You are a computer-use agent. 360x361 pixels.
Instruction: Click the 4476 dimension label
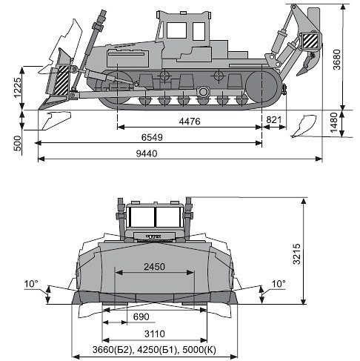[x=190, y=122]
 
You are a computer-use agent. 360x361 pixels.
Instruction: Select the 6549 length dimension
[x=152, y=137]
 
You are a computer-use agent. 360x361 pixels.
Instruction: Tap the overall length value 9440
[x=147, y=153]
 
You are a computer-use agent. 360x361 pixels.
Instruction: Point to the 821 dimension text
[x=274, y=120]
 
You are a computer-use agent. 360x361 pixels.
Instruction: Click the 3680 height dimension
[x=337, y=59]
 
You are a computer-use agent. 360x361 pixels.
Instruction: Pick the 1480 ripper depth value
[x=333, y=122]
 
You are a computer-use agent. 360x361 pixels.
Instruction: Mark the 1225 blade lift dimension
[x=17, y=88]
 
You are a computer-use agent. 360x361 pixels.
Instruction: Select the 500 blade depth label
[x=18, y=143]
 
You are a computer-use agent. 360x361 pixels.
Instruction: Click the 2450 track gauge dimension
[x=154, y=267]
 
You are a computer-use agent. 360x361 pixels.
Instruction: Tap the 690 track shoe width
[x=141, y=317]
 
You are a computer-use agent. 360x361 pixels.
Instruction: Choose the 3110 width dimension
[x=155, y=334]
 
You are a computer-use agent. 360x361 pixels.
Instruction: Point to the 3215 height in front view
[x=296, y=254]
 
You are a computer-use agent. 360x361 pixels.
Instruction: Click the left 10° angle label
[x=31, y=284]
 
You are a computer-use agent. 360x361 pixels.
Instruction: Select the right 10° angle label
[x=279, y=284]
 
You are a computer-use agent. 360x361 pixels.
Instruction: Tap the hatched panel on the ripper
[x=310, y=41]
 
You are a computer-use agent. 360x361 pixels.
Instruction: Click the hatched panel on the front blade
[x=61, y=81]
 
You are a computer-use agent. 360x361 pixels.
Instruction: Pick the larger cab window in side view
[x=176, y=30]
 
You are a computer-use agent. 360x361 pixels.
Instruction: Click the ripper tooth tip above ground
[x=298, y=74]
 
